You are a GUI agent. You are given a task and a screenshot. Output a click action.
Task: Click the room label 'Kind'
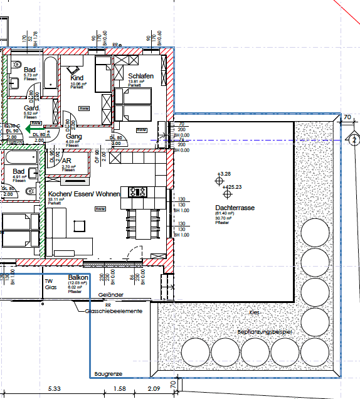tap(77, 78)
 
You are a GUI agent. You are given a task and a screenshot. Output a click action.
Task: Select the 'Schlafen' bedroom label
tap(140, 75)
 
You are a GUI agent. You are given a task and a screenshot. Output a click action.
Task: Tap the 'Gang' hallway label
tap(75, 136)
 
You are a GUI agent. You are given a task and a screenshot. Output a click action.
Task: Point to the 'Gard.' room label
tap(32, 107)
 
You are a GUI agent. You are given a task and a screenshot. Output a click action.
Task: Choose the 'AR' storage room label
tap(66, 161)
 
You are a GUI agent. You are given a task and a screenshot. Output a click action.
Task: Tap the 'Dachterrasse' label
tap(234, 207)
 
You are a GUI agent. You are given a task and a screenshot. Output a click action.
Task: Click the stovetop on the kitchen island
tap(137, 191)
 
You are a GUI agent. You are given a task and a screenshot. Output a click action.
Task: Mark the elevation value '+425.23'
tap(230, 188)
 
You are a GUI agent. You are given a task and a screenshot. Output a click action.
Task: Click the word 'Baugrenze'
tap(108, 375)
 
